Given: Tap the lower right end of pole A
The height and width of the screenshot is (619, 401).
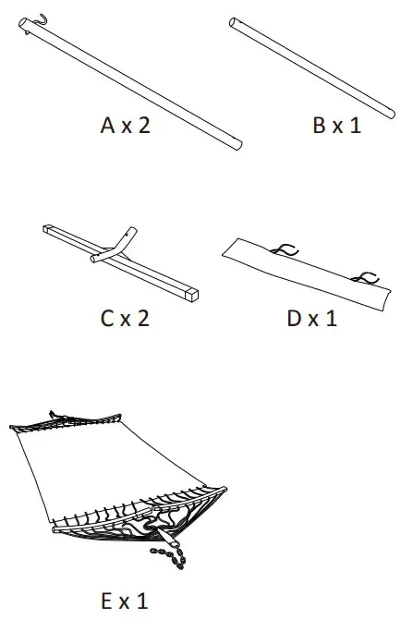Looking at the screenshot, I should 237,143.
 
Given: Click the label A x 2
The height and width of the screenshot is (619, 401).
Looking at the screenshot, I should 125,126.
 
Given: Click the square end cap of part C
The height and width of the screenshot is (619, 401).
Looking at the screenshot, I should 192,296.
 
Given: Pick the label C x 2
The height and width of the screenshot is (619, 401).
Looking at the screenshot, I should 125,319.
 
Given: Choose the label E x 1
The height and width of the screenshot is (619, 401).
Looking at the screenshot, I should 125,601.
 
